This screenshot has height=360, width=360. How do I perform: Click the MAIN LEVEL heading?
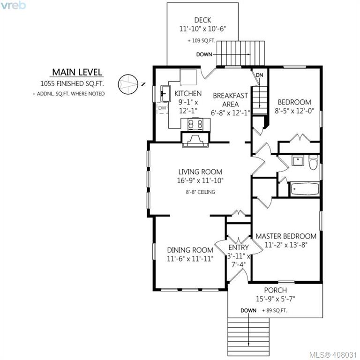click(x=77, y=72)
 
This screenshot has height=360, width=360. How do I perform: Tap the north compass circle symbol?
click(x=128, y=84)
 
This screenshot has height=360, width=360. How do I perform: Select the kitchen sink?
click(x=165, y=93)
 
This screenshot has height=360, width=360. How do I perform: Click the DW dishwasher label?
click(x=162, y=108)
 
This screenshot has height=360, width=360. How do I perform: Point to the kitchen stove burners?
click(x=195, y=125)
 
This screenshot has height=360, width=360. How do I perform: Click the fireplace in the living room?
click(x=195, y=140)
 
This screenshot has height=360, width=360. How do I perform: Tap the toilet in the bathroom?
click(x=313, y=162)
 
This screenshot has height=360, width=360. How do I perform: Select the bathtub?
click(x=305, y=189)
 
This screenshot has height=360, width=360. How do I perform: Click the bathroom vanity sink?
click(x=298, y=160)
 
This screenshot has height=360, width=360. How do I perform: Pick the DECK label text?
click(x=202, y=20)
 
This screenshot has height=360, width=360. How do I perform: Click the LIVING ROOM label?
click(x=200, y=172)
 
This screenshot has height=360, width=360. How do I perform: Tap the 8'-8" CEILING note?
click(x=201, y=192)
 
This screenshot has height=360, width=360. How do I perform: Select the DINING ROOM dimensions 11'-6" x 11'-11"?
click(x=190, y=259)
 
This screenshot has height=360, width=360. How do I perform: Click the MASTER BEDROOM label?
click(x=286, y=236)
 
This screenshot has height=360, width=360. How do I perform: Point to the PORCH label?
click(x=276, y=290)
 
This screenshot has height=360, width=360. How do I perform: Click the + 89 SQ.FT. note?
click(x=274, y=311)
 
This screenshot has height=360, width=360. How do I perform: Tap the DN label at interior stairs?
click(x=259, y=75)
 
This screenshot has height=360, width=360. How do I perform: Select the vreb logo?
click(x=13, y=5)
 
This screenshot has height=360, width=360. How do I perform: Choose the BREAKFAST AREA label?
click(x=230, y=100)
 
